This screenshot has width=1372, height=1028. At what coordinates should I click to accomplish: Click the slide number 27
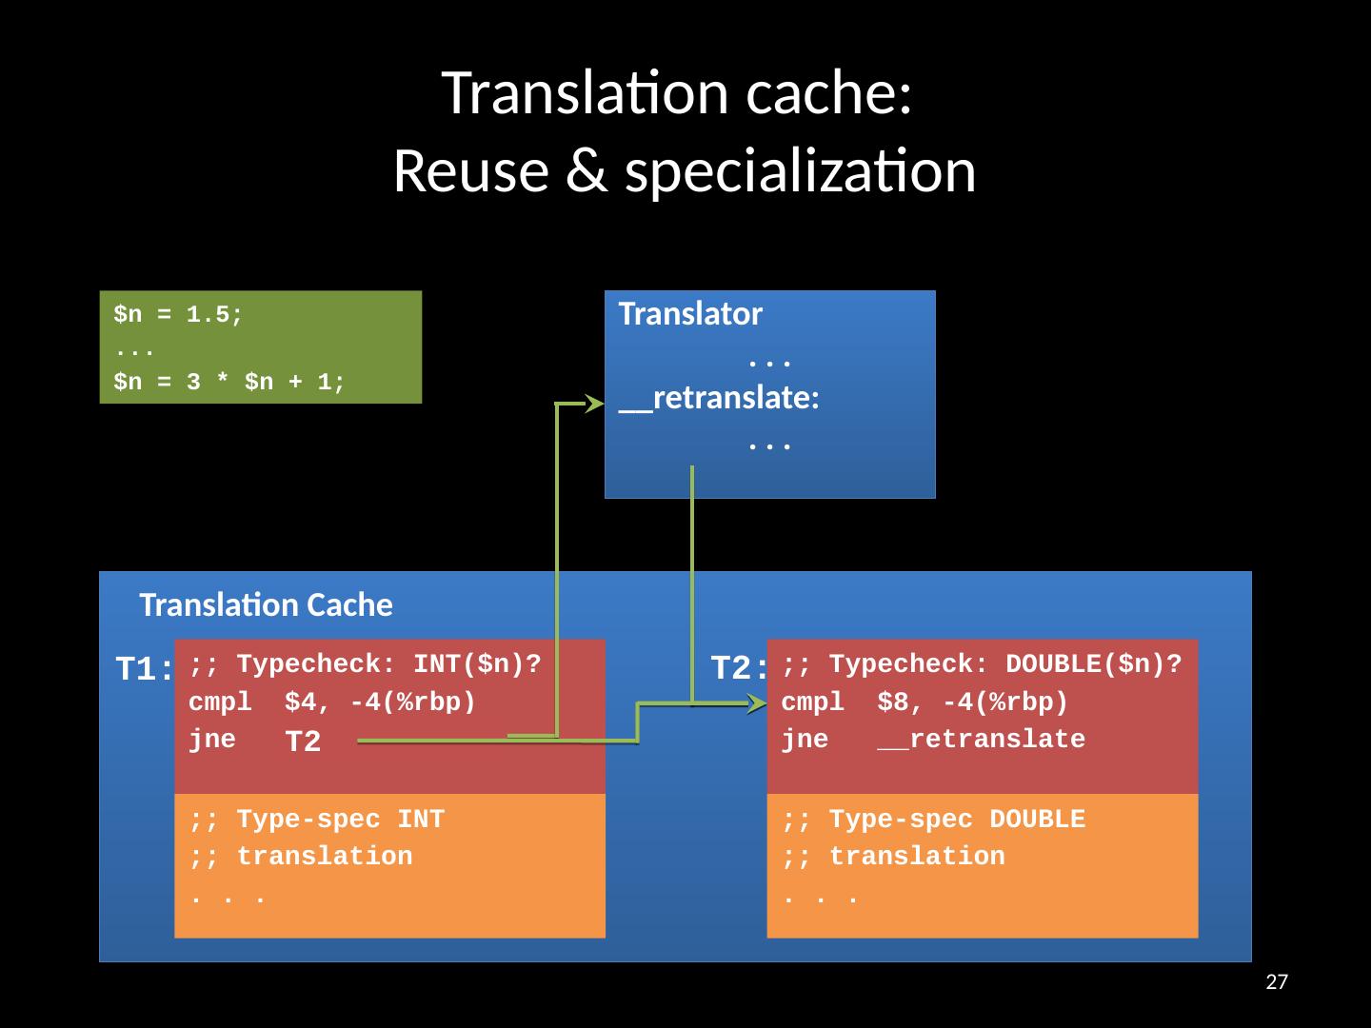1277,981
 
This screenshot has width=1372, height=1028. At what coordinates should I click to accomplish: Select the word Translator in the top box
690,313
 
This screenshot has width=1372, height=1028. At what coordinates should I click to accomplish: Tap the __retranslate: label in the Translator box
719,398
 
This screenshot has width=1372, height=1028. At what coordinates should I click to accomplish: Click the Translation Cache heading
266,605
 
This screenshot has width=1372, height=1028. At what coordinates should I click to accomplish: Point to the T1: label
144,668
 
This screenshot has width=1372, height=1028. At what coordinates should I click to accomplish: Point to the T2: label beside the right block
739,667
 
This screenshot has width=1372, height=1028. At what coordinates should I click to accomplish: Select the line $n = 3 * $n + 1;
229,381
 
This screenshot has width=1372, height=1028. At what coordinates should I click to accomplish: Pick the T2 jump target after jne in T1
303,741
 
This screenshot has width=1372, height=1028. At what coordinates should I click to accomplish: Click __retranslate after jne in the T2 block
982,740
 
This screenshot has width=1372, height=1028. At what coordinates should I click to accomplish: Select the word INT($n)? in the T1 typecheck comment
478,663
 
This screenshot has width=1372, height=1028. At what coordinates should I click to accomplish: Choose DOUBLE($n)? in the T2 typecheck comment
1094,663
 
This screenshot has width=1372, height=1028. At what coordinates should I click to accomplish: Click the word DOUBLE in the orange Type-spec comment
1038,820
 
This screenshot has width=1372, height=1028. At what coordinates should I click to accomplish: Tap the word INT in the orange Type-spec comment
421,820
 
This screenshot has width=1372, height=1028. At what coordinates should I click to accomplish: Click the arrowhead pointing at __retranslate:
594,404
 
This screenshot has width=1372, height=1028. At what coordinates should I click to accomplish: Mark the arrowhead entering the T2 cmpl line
757,704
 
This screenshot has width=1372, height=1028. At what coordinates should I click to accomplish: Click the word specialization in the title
800,171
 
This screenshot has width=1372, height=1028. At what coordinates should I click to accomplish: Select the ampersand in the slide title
586,171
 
